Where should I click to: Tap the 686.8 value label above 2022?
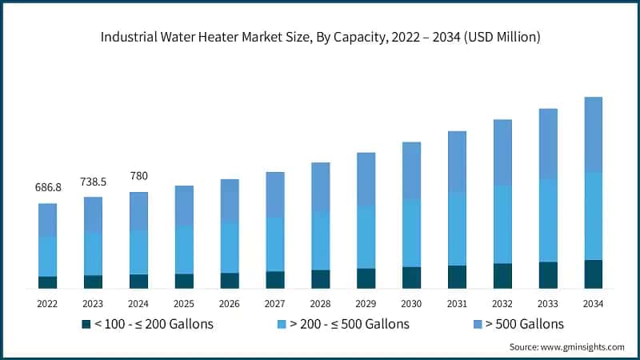coord(48,187)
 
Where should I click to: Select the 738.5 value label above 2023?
coord(94,182)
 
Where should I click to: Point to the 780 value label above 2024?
coord(138,176)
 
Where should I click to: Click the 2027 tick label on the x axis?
coord(275,304)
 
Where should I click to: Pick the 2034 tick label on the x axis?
coord(593,304)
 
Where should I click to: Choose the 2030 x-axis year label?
coord(411,304)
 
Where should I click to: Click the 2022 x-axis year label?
coord(48,304)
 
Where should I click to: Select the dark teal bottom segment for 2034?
coord(593,274)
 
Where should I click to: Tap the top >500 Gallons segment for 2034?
coord(593,134)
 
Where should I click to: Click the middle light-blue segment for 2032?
coord(502,224)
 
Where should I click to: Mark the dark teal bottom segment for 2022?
coord(48,282)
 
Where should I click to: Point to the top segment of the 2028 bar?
coord(321,187)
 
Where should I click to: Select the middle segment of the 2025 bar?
coord(184,250)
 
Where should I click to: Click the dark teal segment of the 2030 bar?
coord(411,277)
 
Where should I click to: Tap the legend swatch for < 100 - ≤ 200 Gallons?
coord(86,324)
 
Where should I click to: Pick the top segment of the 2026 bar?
coord(230,200)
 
